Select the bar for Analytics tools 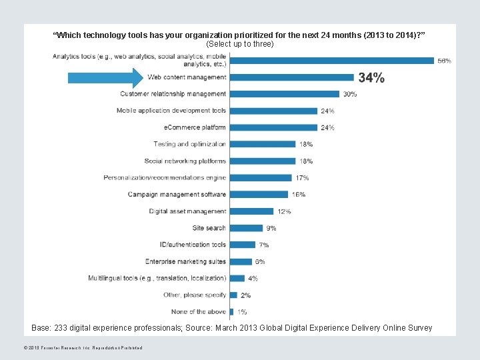click(331, 61)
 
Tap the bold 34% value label click(371, 78)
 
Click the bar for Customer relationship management click(285, 94)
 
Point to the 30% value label click(350, 95)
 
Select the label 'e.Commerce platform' click(195, 127)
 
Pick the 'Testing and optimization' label click(189, 144)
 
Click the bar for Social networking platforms click(263, 161)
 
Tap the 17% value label click(302, 178)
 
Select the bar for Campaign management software click(259, 195)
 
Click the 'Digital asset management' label click(187, 211)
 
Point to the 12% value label click(284, 212)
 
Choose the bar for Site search click(246, 228)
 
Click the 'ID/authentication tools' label click(193, 245)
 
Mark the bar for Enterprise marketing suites click(241, 261)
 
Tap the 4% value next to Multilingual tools click(253, 279)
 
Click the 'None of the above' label click(199, 311)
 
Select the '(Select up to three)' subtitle click(240, 44)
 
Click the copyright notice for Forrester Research click(83, 347)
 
